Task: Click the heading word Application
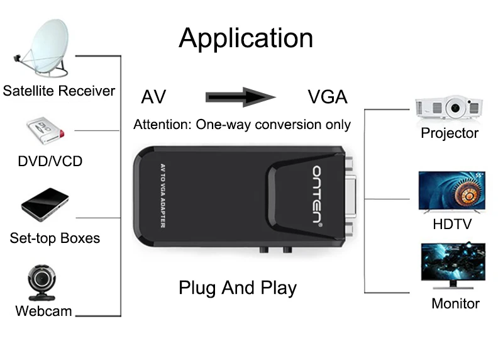pyautogui.click(x=246, y=38)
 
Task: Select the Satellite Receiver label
pyautogui.click(x=59, y=91)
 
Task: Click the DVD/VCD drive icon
pyautogui.click(x=43, y=132)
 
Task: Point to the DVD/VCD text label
pyautogui.click(x=50, y=161)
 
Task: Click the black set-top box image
pyautogui.click(x=45, y=204)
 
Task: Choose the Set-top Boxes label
pyautogui.click(x=55, y=239)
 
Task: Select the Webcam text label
pyautogui.click(x=43, y=311)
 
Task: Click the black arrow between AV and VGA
pyautogui.click(x=241, y=97)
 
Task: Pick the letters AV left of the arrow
pyautogui.click(x=153, y=98)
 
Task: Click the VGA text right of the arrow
pyautogui.click(x=328, y=98)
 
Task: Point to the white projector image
pyautogui.click(x=449, y=108)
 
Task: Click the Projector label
pyautogui.click(x=450, y=133)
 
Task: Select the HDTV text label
pyautogui.click(x=452, y=224)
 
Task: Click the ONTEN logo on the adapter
pyautogui.click(x=318, y=196)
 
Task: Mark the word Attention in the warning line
pyautogui.click(x=162, y=125)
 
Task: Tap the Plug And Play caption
pyautogui.click(x=238, y=288)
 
